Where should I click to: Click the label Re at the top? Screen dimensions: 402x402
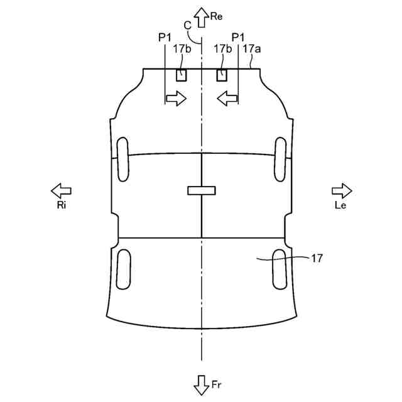(x=217, y=17)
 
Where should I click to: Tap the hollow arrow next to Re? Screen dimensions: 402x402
(x=202, y=17)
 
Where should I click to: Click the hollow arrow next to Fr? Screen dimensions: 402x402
(x=202, y=384)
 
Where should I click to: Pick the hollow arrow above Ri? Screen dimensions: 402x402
(x=61, y=190)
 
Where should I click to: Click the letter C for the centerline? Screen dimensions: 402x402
(x=187, y=25)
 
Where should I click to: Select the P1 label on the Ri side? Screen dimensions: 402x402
(x=165, y=38)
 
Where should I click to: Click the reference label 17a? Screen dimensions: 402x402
(x=250, y=48)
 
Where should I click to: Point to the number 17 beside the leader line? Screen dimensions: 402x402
(x=317, y=258)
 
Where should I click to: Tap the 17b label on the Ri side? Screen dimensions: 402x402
(x=181, y=48)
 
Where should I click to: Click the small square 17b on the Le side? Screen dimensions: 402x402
(x=222, y=75)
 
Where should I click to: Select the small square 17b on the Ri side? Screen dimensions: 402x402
(x=181, y=75)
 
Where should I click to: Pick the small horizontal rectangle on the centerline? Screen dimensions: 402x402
(x=202, y=190)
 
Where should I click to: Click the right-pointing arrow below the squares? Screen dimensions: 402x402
(x=176, y=97)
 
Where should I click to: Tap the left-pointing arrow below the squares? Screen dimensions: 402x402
(x=227, y=97)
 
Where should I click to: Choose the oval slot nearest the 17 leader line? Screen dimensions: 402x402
(x=280, y=268)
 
